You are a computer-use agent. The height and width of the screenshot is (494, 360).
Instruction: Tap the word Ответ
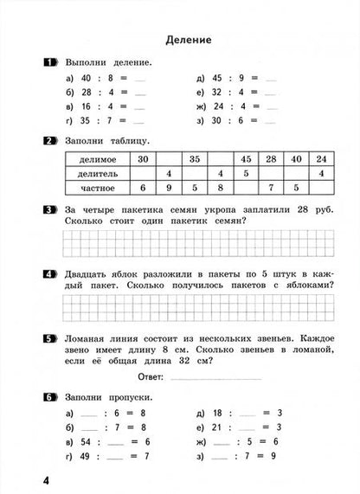[152, 377]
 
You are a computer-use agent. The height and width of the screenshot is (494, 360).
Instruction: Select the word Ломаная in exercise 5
[89, 339]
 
